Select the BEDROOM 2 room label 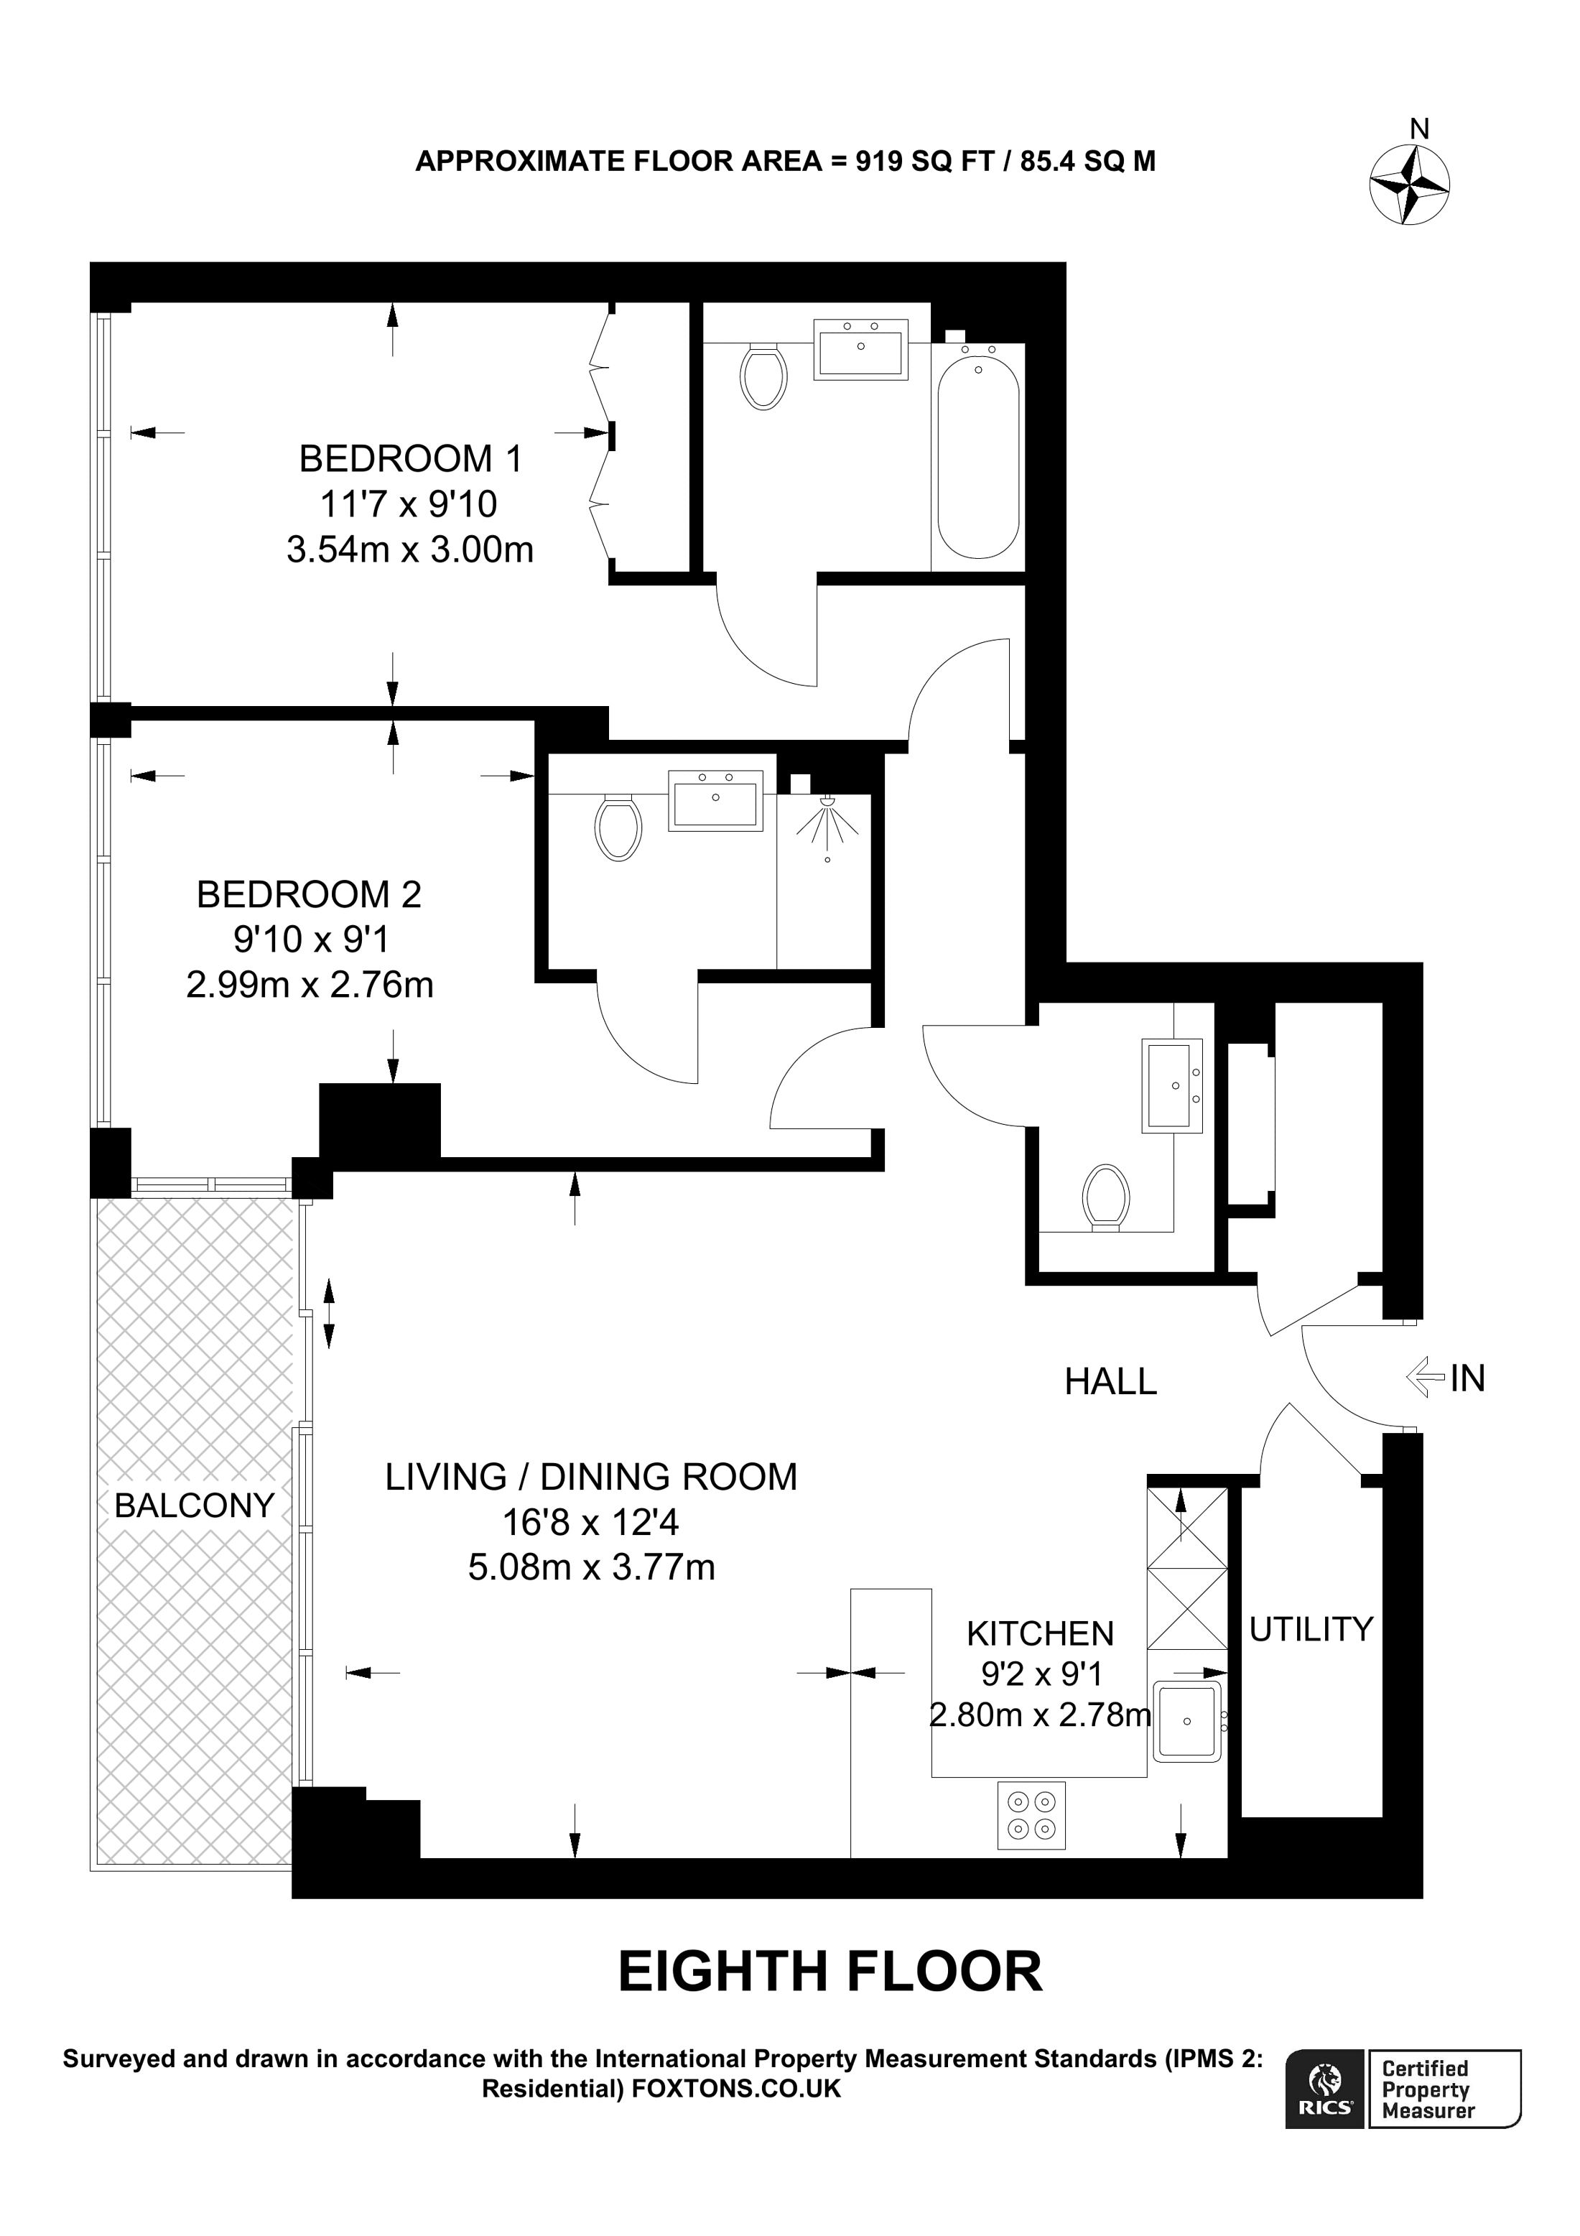click(309, 894)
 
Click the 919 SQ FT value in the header click(921, 161)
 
